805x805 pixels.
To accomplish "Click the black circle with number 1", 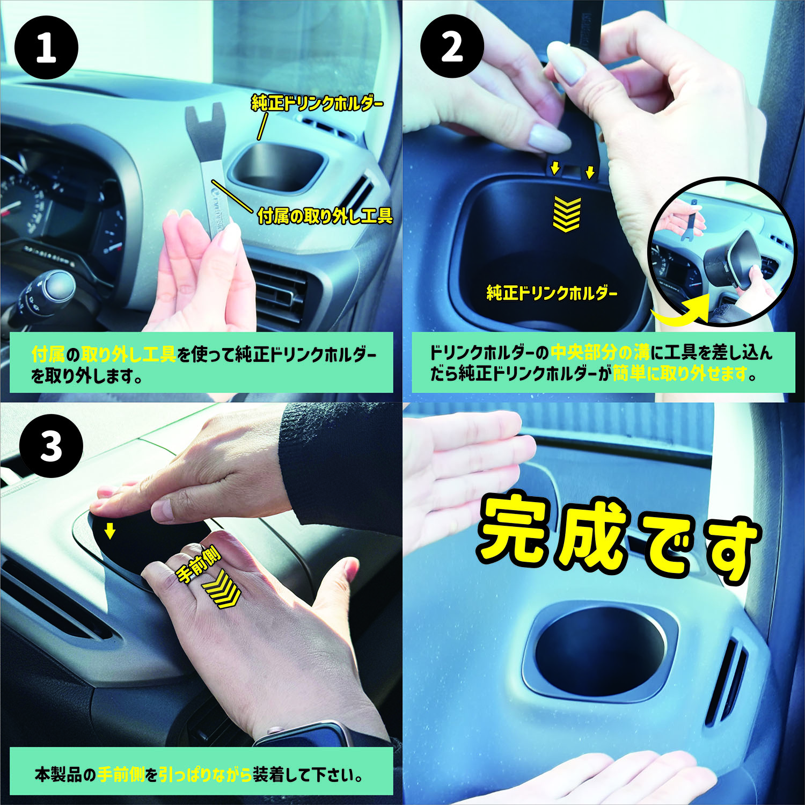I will [46, 48].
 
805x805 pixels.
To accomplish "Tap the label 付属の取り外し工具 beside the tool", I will [325, 216].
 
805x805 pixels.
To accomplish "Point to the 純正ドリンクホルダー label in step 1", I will [317, 103].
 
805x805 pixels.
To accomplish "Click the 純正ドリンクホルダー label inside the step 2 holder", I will [552, 293].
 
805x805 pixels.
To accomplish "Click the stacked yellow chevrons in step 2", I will [567, 214].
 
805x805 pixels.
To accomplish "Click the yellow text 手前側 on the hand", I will [198, 567].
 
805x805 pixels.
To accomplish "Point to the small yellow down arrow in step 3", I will [110, 531].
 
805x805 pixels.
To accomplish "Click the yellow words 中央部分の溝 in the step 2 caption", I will [600, 353].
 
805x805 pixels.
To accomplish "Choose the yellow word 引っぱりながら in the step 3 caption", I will [206, 775].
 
